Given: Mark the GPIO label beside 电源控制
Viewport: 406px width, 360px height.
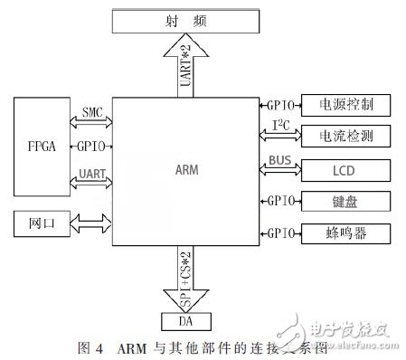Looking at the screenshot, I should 279,105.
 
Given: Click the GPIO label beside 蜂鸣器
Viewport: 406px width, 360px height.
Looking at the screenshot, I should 279,232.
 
